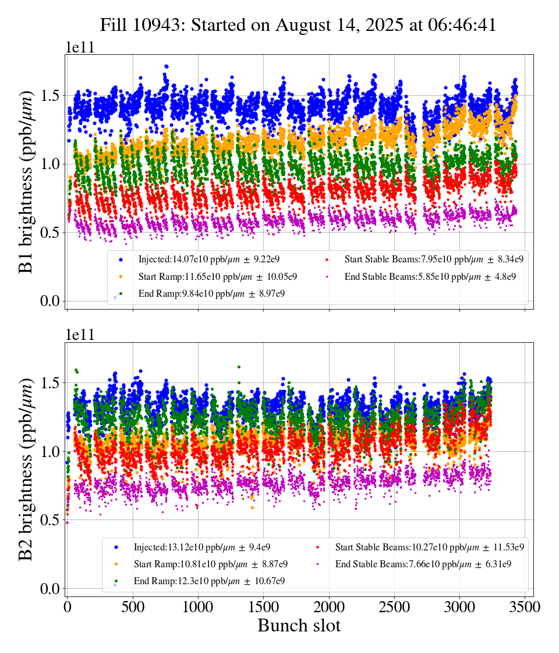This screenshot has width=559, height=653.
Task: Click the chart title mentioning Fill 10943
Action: pyautogui.click(x=298, y=25)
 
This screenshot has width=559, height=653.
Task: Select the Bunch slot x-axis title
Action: pyautogui.click(x=299, y=626)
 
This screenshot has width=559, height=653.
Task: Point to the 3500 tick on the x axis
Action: pyautogui.click(x=525, y=606)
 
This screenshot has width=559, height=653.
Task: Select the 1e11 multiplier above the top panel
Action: pyautogui.click(x=79, y=48)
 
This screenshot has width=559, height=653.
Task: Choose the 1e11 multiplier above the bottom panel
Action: pyautogui.click(x=79, y=335)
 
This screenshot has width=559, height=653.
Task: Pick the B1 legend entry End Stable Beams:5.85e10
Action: pyautogui.click(x=430, y=276)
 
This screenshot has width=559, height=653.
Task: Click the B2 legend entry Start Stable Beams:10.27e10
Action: pyautogui.click(x=429, y=547)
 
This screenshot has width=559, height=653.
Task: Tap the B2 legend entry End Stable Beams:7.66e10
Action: pyautogui.click(x=423, y=564)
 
